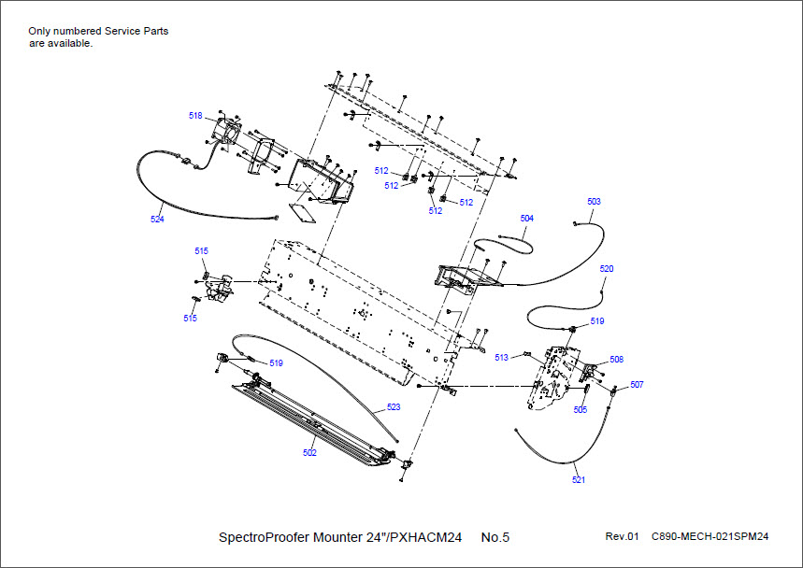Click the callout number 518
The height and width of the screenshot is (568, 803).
[195, 116]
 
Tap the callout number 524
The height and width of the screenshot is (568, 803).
[157, 219]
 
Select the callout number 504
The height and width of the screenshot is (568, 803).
[527, 218]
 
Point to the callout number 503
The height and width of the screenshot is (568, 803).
[595, 202]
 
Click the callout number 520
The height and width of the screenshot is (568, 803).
[607, 269]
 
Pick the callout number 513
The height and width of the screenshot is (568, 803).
[502, 357]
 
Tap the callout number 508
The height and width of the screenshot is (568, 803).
[617, 360]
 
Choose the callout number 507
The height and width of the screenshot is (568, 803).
[637, 384]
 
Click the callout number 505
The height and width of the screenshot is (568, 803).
[581, 409]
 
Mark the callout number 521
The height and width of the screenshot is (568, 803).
[579, 480]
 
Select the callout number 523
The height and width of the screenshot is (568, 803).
[394, 407]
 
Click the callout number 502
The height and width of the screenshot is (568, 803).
[309, 453]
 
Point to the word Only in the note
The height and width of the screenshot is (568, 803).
[39, 31]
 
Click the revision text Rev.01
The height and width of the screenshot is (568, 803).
[622, 537]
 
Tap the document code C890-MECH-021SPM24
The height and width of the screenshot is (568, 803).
[710, 537]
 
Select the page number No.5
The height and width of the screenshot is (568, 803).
[495, 537]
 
